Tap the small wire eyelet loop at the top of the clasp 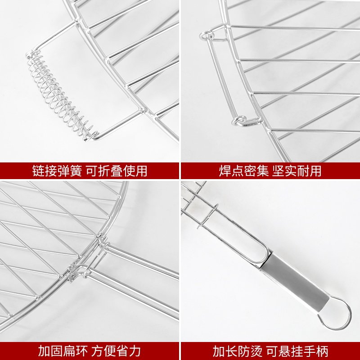207,36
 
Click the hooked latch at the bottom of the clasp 246,121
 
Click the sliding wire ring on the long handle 208,216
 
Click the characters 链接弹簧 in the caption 57,171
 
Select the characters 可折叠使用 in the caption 117,171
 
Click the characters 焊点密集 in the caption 243,171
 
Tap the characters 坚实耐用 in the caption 297,171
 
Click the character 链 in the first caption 38,171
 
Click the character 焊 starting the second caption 225,171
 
